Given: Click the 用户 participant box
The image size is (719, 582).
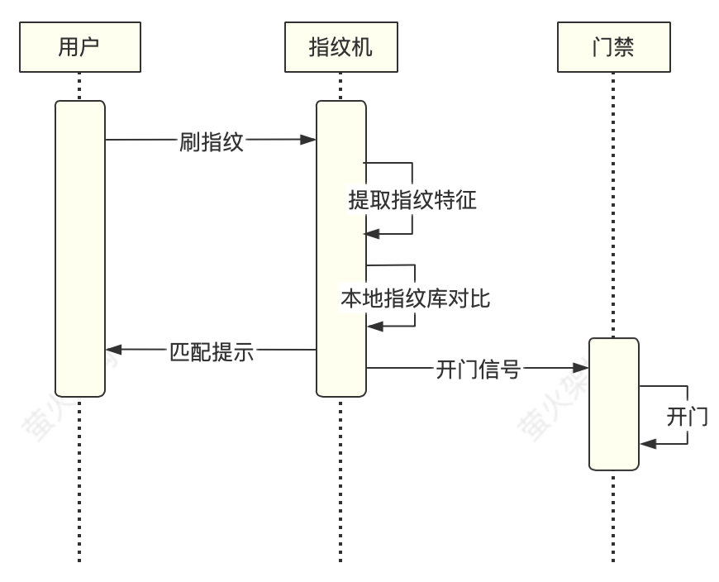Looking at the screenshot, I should [79, 48].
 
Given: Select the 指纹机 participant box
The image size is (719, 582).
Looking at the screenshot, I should [340, 48].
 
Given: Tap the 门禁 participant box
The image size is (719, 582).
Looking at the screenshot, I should [613, 48].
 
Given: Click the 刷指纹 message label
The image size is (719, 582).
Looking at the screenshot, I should [212, 141].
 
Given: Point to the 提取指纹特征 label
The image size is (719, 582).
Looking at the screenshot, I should [412, 200].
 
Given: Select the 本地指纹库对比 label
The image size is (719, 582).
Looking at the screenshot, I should [415, 298].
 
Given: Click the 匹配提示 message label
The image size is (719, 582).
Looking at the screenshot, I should [212, 351].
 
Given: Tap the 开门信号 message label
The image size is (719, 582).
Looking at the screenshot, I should [478, 369].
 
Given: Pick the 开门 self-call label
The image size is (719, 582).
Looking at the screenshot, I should [687, 416].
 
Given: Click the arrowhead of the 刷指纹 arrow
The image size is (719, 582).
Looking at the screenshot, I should [310, 140].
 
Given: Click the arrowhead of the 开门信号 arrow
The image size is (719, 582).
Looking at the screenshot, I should [583, 368].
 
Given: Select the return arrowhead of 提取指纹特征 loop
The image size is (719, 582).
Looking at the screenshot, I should [372, 234].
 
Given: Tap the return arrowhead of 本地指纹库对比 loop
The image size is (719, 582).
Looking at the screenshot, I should [372, 327].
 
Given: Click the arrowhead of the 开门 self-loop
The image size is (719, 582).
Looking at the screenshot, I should [645, 444].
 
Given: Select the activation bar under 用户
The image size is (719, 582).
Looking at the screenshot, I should [80, 248].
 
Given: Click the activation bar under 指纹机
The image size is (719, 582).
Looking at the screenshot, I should [340, 248].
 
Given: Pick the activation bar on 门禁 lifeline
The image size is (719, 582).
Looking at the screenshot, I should [613, 403].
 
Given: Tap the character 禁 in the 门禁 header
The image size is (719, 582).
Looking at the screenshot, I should [625, 48].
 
